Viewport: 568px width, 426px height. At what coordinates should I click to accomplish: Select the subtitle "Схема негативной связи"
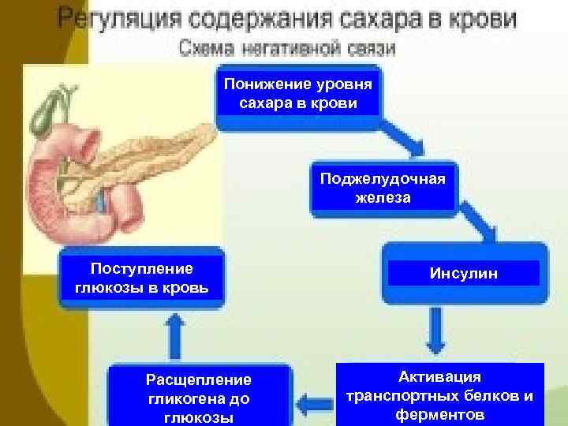[x=287, y=49]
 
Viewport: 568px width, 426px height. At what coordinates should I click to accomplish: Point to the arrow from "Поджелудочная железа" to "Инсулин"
[x=481, y=228]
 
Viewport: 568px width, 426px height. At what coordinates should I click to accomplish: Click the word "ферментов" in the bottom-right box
[x=440, y=415]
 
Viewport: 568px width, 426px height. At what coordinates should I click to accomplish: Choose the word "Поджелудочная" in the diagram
[x=383, y=179]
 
